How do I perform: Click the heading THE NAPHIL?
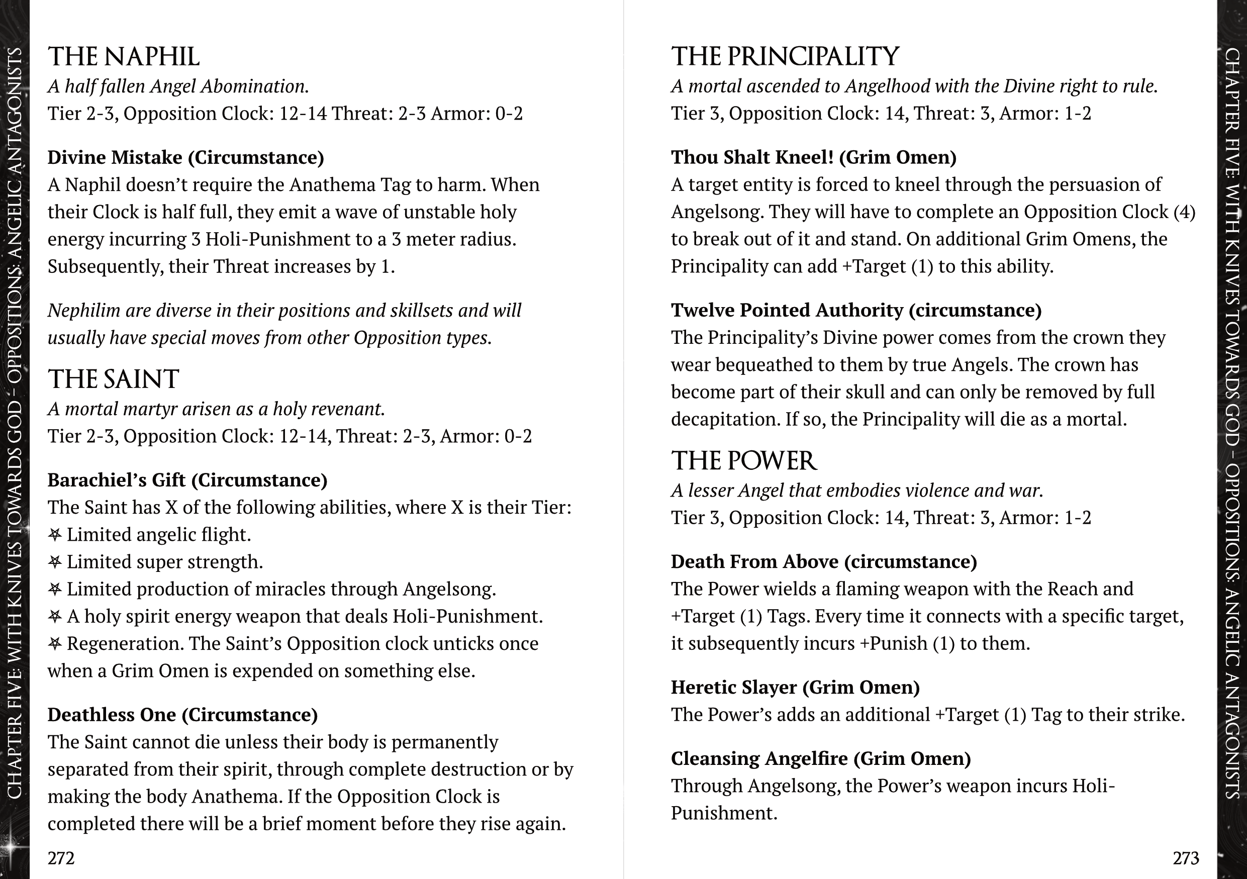pos(124,57)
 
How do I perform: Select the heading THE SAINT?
pos(114,379)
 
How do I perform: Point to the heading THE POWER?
pos(743,461)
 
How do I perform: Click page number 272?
pos(61,858)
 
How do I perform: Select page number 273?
pos(1186,858)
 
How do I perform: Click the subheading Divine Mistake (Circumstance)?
pos(186,157)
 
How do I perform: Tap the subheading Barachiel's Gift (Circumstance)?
pos(187,480)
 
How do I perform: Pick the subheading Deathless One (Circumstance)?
pos(182,715)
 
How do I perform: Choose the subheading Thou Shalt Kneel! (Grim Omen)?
pos(814,157)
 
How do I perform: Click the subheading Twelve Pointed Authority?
pos(856,310)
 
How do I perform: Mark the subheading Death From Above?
pos(823,561)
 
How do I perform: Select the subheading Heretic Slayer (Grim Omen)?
pos(795,688)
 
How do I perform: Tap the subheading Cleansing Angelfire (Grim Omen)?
pos(821,758)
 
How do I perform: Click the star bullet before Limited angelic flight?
pos(55,535)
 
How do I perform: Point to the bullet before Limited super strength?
pos(55,562)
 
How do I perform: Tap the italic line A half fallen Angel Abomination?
pos(178,86)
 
